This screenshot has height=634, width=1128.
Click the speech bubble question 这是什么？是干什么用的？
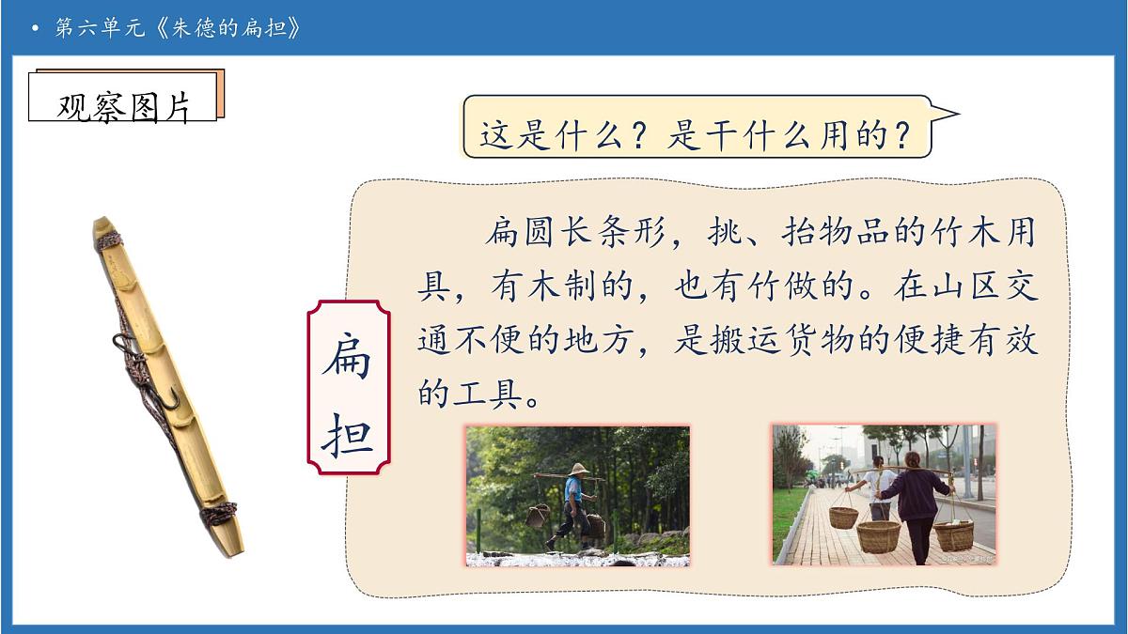click(x=697, y=137)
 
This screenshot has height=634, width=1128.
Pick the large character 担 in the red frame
click(x=348, y=434)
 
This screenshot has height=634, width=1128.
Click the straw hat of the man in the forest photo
click(x=578, y=470)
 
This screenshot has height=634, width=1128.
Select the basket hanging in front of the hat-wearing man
click(x=538, y=515)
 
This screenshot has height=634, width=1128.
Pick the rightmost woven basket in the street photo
click(x=953, y=534)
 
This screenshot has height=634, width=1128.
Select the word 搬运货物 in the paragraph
click(x=790, y=342)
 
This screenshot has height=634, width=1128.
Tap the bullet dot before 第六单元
click(x=36, y=29)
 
